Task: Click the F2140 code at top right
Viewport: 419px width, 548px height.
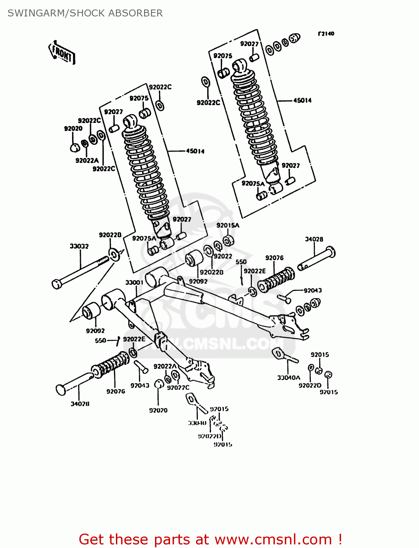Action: click(326, 34)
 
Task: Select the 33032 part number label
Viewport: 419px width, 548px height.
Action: click(79, 246)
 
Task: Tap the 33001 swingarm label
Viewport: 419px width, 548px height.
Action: click(134, 282)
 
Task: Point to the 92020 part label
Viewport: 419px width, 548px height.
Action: click(73, 129)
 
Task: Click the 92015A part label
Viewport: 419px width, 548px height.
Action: click(228, 225)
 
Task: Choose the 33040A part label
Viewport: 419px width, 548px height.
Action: click(288, 377)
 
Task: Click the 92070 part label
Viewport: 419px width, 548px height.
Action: click(158, 410)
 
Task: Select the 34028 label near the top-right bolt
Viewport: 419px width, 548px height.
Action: click(314, 239)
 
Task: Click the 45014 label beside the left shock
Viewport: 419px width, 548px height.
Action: click(195, 151)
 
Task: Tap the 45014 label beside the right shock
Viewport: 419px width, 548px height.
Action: click(302, 100)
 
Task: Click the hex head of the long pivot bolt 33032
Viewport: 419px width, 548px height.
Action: click(56, 284)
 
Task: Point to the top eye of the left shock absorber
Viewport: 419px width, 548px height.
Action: click(130, 121)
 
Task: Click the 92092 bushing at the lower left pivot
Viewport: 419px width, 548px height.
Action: click(91, 311)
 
